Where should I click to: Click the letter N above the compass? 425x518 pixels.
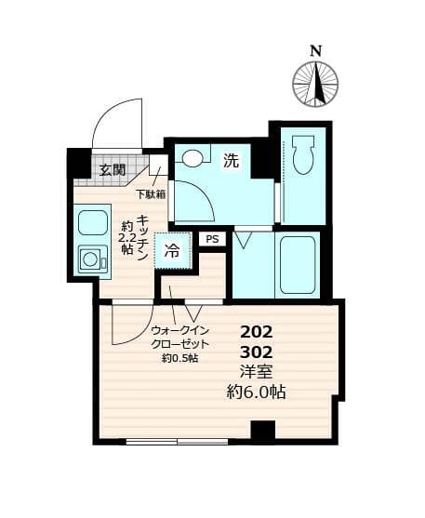click(316, 50)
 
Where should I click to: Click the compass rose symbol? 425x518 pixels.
click(315, 84)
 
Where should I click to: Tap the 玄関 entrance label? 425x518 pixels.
click(113, 169)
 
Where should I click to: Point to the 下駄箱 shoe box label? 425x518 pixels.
click(151, 194)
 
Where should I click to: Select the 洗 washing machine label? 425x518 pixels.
click(231, 161)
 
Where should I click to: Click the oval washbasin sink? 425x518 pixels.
click(193, 159)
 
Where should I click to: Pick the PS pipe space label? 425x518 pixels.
click(213, 239)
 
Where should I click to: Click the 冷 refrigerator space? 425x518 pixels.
click(173, 249)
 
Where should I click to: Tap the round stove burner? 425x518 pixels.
click(91, 259)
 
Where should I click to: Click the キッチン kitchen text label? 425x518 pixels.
click(143, 238)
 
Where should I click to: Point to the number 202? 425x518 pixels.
click(257, 331)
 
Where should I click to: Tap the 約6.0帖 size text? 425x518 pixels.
click(257, 392)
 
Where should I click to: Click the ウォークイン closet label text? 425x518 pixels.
click(180, 329)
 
